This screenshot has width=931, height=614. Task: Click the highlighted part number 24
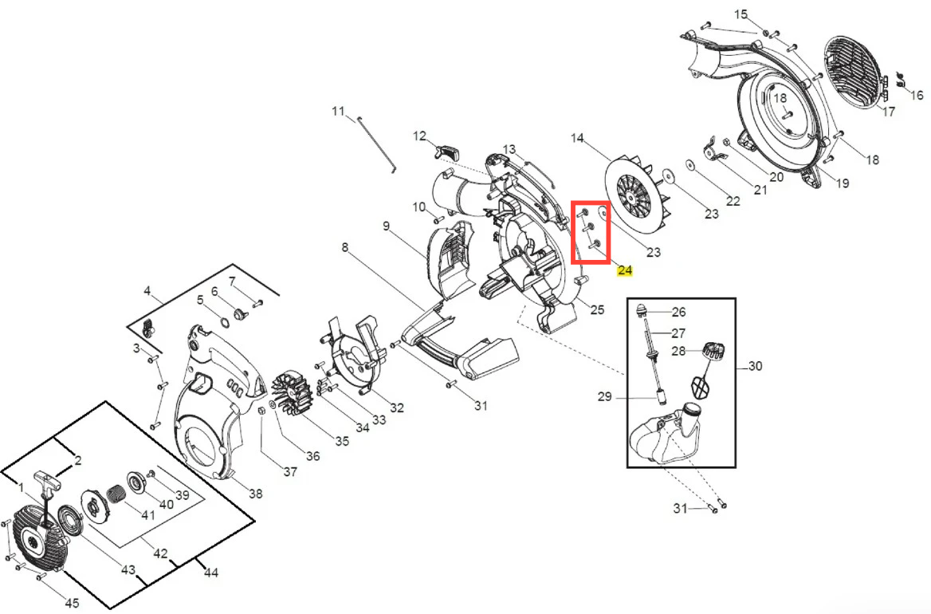[625, 270]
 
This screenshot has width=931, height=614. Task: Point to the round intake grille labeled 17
[853, 73]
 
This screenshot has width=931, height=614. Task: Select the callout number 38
[255, 494]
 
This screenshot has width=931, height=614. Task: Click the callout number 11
[338, 111]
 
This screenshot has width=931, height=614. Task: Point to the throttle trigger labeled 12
[447, 152]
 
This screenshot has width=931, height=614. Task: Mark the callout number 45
[72, 604]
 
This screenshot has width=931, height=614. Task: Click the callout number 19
[843, 183]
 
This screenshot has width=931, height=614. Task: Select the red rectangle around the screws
[591, 231]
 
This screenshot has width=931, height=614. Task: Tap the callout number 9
[387, 226]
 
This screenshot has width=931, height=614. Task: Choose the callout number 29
[604, 396]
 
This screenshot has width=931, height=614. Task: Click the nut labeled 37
[261, 411]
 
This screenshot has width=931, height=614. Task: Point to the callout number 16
[917, 95]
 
